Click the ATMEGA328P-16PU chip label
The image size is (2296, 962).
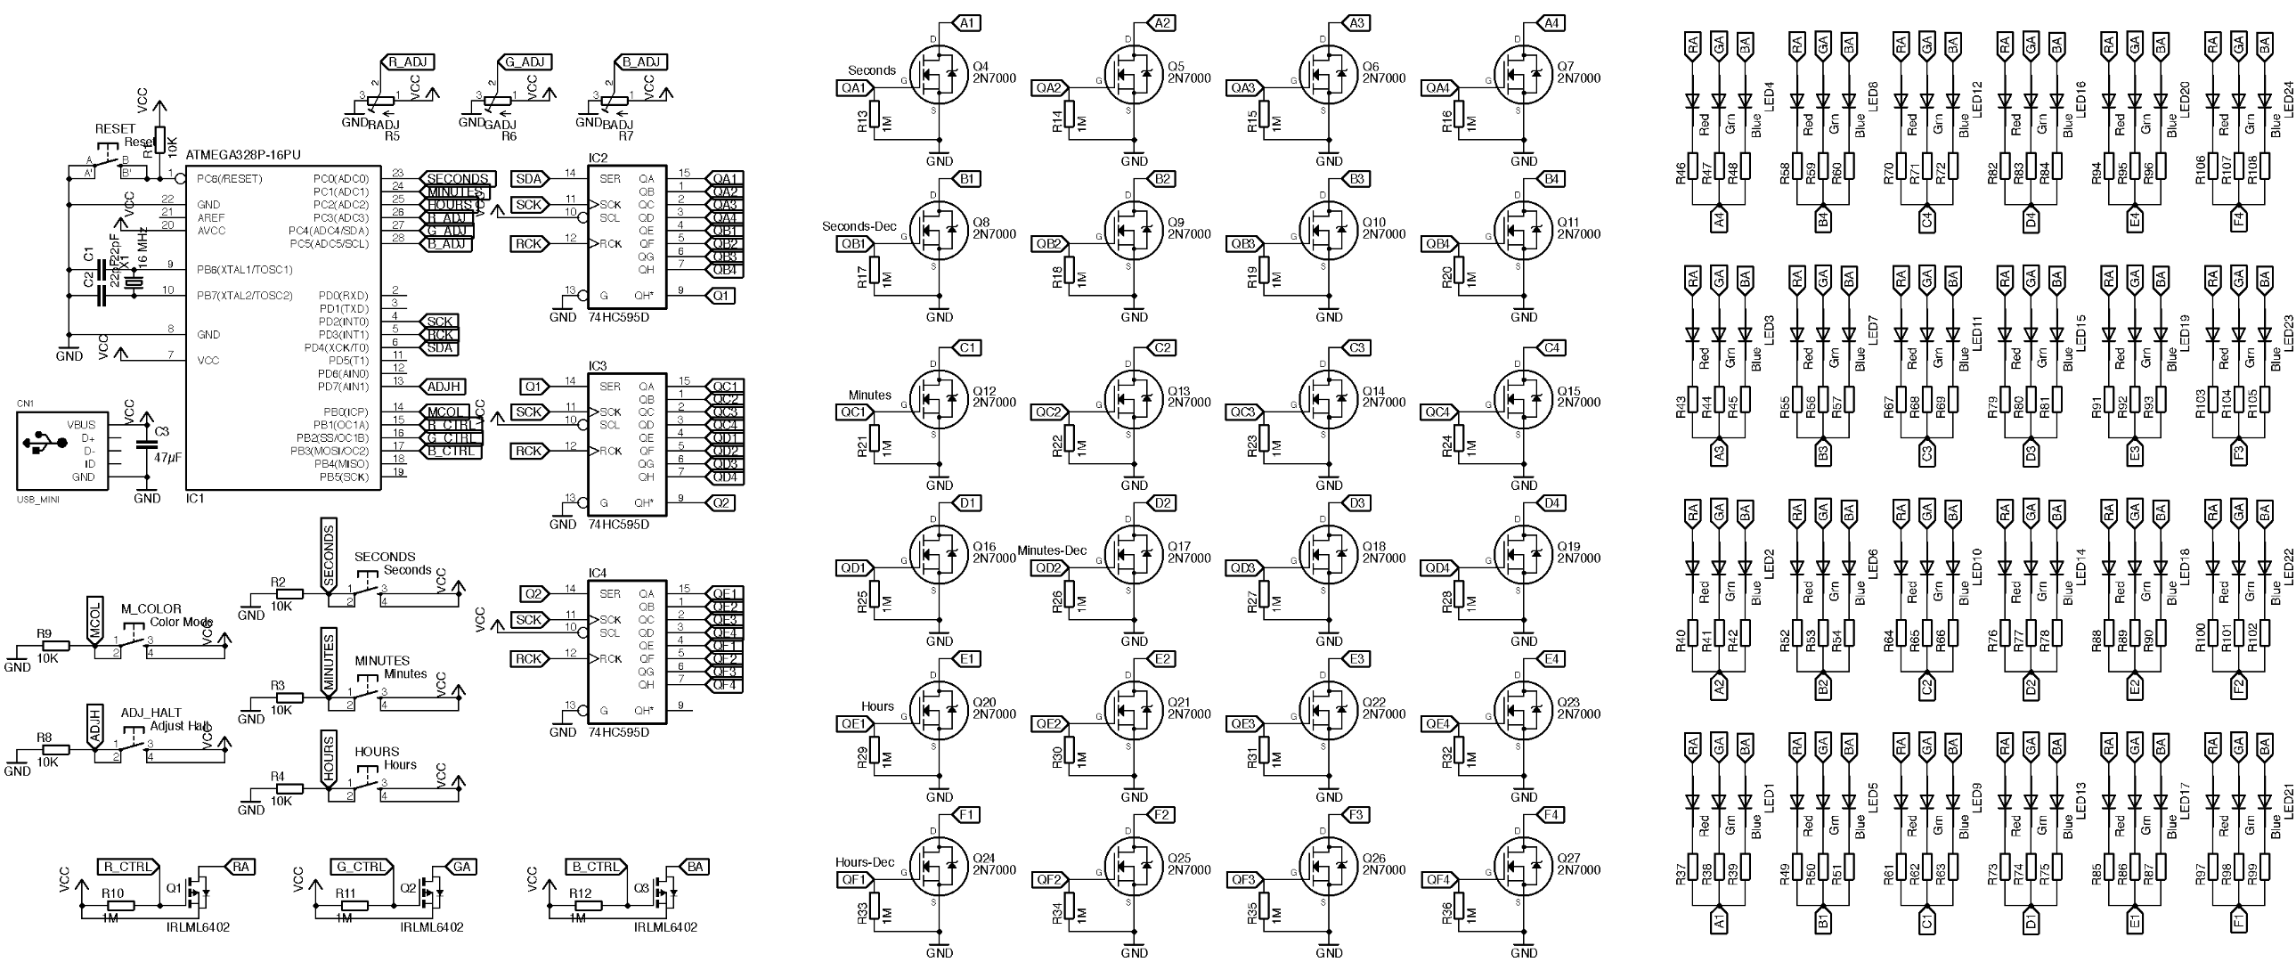pos(242,155)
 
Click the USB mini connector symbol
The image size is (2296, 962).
pos(61,451)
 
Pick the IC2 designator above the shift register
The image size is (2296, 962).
pos(598,158)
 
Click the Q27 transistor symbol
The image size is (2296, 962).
pos(1521,864)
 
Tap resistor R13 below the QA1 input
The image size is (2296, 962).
pos(875,116)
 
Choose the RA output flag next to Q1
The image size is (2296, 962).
pos(240,867)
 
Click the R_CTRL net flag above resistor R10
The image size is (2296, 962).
pos(127,867)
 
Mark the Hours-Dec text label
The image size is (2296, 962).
pos(865,862)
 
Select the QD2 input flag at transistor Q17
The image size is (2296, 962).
pos(1049,568)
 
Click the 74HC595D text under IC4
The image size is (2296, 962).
pos(619,733)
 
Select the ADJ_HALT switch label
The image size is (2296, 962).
pos(151,713)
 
